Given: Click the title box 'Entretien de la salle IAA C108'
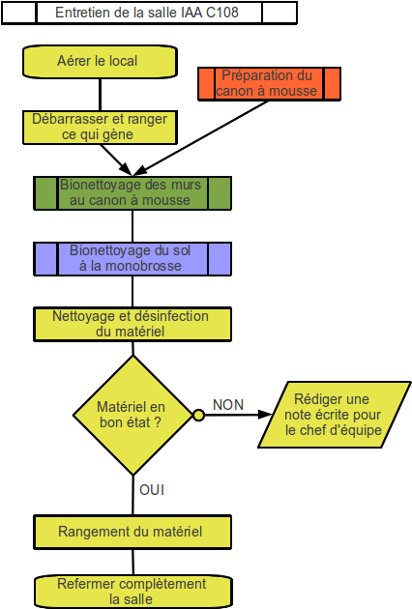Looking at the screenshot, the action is coord(149,13).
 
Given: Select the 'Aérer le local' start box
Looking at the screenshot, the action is coord(100,61).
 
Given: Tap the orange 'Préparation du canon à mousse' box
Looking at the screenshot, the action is coord(270,84).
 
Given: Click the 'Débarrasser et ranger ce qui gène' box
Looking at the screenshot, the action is coord(100,128).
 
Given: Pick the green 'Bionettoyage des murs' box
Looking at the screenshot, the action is coord(132,193).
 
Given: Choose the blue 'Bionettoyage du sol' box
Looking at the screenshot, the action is coord(132,259).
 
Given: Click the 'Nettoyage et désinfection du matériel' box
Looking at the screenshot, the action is coord(132,324).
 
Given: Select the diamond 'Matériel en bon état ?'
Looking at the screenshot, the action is coord(132,416).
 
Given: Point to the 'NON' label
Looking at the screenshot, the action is coord(228,405).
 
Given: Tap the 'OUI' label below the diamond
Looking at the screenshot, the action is coord(152,490).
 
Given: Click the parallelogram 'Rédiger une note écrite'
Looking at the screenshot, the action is coord(335,415).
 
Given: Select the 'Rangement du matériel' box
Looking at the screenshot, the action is coord(132,532).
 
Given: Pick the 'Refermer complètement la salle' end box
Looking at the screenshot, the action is coord(133,592).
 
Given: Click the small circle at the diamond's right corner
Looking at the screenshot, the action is coord(198,416).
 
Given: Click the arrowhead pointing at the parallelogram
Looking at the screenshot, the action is coord(265,415).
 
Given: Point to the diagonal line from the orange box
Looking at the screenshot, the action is coord(200,138).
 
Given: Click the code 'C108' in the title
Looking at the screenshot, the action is coord(221,13).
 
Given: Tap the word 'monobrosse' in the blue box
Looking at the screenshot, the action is coord(143,266).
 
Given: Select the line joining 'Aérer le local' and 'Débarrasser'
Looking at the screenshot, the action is coord(101,95).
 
